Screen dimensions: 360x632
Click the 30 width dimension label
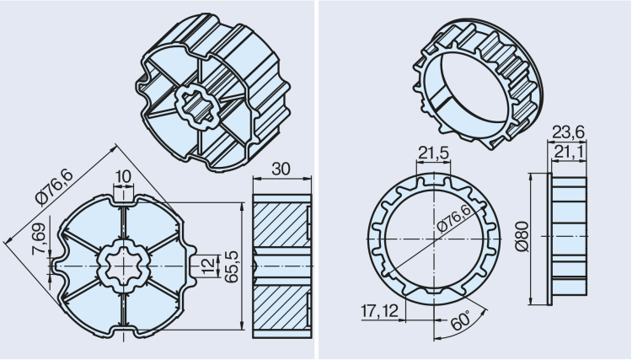[282, 169]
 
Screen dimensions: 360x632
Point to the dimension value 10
[124, 175]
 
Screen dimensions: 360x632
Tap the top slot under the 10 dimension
[123, 197]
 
